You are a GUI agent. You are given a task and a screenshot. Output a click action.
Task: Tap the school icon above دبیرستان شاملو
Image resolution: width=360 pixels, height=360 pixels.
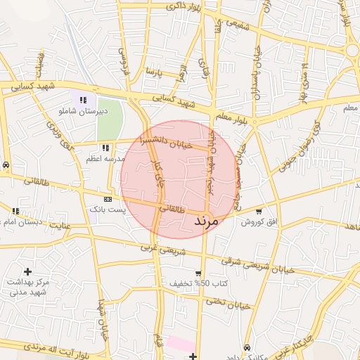[83, 101]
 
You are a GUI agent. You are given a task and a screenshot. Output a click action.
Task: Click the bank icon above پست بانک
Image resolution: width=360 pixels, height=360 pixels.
[107, 199]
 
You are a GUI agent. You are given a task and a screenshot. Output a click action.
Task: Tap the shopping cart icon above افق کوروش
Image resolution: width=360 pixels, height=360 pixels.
[259, 212]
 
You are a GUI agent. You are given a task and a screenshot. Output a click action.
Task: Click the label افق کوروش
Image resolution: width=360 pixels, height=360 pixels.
[259, 222]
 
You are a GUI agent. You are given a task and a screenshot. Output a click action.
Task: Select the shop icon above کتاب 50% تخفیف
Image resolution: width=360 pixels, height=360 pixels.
[198, 273]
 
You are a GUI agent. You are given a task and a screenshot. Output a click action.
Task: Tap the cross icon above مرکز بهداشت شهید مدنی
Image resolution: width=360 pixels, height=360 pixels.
[27, 271]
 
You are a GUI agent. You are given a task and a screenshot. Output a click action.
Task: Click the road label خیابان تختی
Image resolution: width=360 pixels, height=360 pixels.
[228, 303]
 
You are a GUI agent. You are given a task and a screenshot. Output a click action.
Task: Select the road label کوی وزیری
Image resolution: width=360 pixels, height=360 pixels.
[60, 136]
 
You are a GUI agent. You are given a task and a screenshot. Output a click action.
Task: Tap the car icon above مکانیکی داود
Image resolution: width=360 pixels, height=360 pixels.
[247, 347]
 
